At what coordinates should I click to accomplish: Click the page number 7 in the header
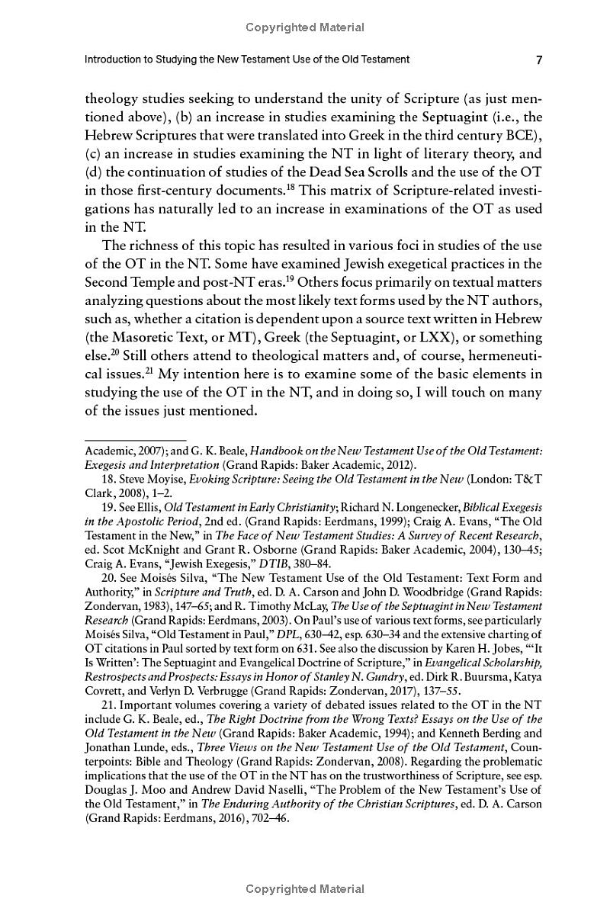(x=538, y=60)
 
